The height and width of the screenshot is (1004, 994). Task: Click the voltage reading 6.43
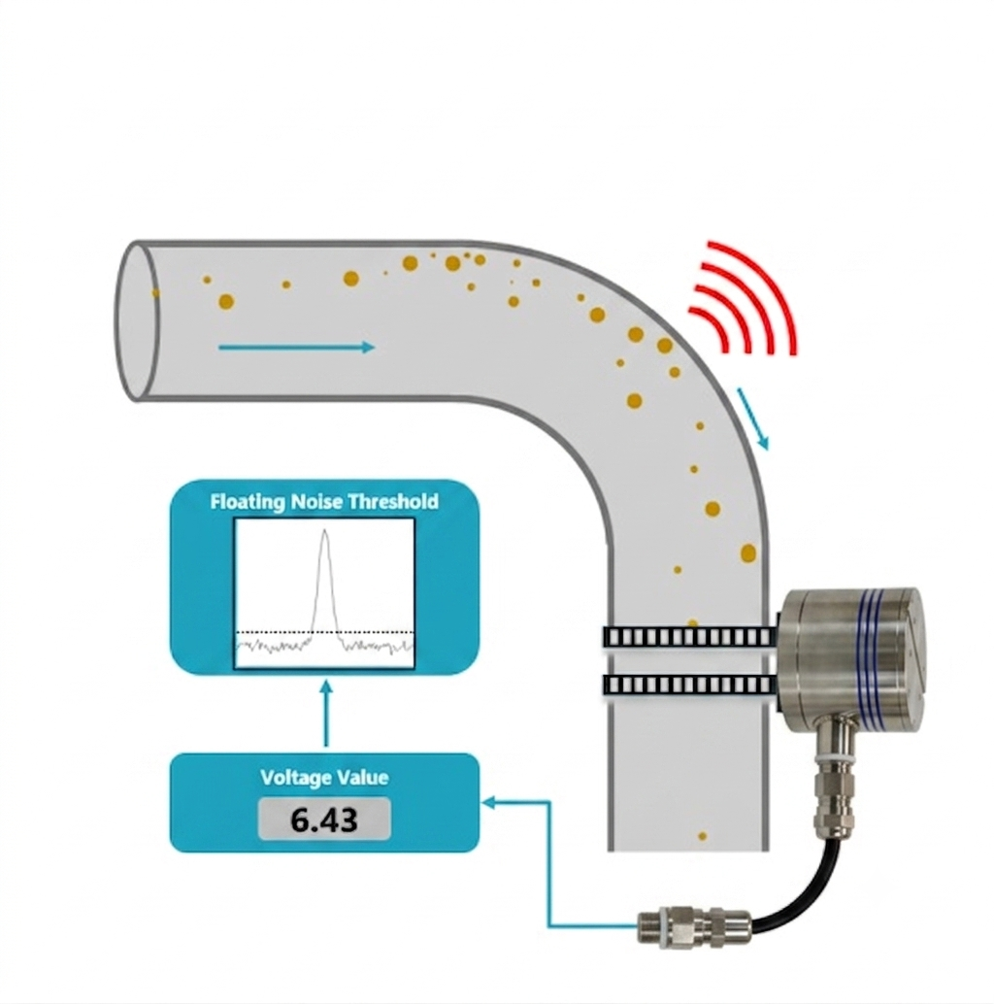[x=323, y=820]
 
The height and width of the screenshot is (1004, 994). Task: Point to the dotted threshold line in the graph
[x=325, y=633]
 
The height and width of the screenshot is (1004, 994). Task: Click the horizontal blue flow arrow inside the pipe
[x=296, y=347]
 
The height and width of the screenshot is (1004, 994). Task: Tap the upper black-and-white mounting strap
[x=690, y=637]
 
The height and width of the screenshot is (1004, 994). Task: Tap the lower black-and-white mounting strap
[x=690, y=686]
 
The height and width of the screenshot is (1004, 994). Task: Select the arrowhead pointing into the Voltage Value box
[x=489, y=802]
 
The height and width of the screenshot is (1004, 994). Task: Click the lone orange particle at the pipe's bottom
[x=702, y=836]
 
